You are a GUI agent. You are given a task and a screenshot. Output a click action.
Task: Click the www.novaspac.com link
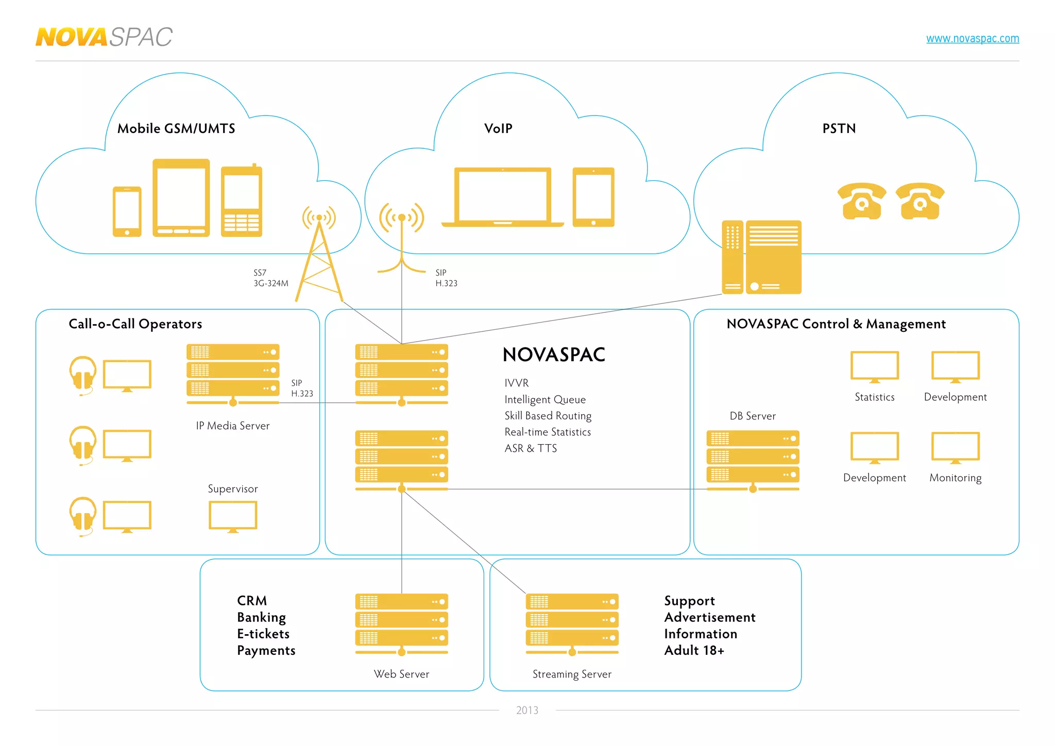972,39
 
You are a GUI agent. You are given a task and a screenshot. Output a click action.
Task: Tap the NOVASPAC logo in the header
104,37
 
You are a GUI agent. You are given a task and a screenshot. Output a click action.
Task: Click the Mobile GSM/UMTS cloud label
176,129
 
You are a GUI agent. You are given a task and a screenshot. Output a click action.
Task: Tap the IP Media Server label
233,426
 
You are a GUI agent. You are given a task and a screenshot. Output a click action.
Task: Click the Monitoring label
955,478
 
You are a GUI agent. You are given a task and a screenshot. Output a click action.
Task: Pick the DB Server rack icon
753,459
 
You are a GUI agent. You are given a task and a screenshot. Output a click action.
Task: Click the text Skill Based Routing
548,416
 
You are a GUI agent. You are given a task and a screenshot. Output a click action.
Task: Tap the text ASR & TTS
531,449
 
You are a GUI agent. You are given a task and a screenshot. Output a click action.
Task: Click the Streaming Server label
572,674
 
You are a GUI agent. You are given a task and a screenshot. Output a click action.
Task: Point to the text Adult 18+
694,651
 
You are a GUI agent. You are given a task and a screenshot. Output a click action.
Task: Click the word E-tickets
263,634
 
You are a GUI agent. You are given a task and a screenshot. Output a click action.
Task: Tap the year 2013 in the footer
527,710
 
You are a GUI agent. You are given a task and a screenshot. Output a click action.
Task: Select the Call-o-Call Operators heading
135,324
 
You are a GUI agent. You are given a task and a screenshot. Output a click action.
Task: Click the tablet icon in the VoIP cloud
593,197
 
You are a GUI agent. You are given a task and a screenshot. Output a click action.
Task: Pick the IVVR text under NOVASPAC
516,383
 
